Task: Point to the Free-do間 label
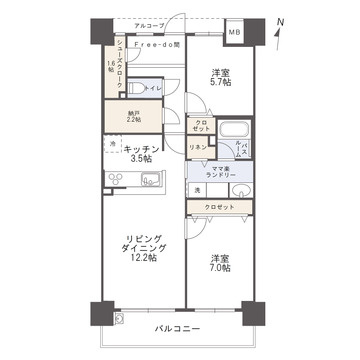158,45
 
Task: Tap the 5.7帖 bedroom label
221,78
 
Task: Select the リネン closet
198,148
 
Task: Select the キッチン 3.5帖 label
140,153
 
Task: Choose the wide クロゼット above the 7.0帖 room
219,206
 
